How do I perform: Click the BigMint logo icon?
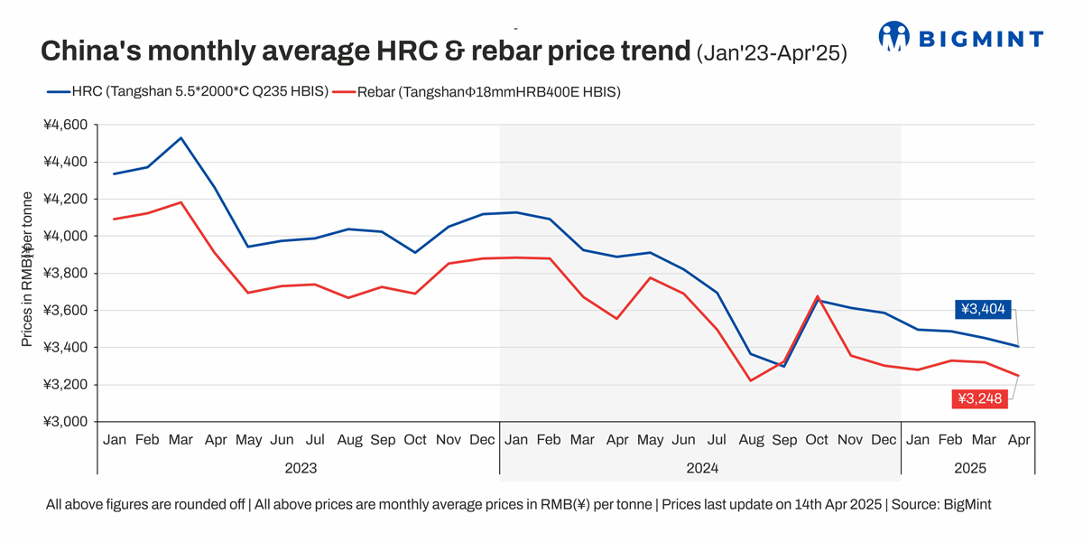(893, 36)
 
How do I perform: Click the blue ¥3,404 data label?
(983, 309)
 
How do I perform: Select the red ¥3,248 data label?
(979, 398)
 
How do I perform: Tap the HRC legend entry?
(185, 91)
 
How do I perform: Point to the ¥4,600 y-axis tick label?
(65, 125)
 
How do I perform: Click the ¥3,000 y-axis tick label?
(65, 422)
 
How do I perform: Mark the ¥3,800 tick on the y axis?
(65, 274)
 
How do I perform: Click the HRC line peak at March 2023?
(181, 138)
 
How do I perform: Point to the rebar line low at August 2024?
(751, 380)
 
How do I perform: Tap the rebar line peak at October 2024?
(818, 296)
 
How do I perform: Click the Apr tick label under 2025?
(1019, 440)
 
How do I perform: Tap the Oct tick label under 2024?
(817, 440)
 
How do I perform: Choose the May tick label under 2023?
(248, 440)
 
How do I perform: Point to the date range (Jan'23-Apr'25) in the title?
(771, 53)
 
